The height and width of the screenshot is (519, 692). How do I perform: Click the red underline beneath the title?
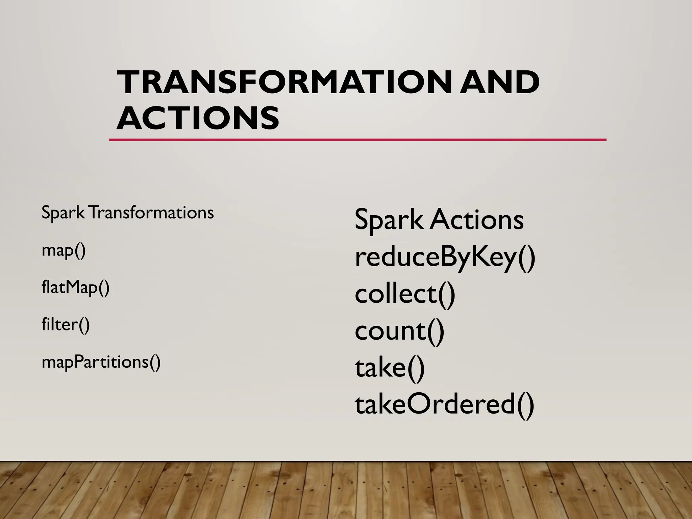(357, 140)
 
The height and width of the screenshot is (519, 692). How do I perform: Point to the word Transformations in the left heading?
(152, 213)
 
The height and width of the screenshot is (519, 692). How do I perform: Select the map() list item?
(64, 251)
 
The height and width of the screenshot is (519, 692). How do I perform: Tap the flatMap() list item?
(75, 288)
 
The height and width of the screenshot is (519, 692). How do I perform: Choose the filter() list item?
(66, 325)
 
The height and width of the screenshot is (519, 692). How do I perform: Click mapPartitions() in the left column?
(101, 362)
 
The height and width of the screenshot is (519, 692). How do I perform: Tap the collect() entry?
(405, 294)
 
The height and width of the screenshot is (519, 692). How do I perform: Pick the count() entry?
(399, 331)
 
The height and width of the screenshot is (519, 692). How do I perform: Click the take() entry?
(389, 368)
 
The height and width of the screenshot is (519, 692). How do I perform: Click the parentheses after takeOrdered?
(525, 405)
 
